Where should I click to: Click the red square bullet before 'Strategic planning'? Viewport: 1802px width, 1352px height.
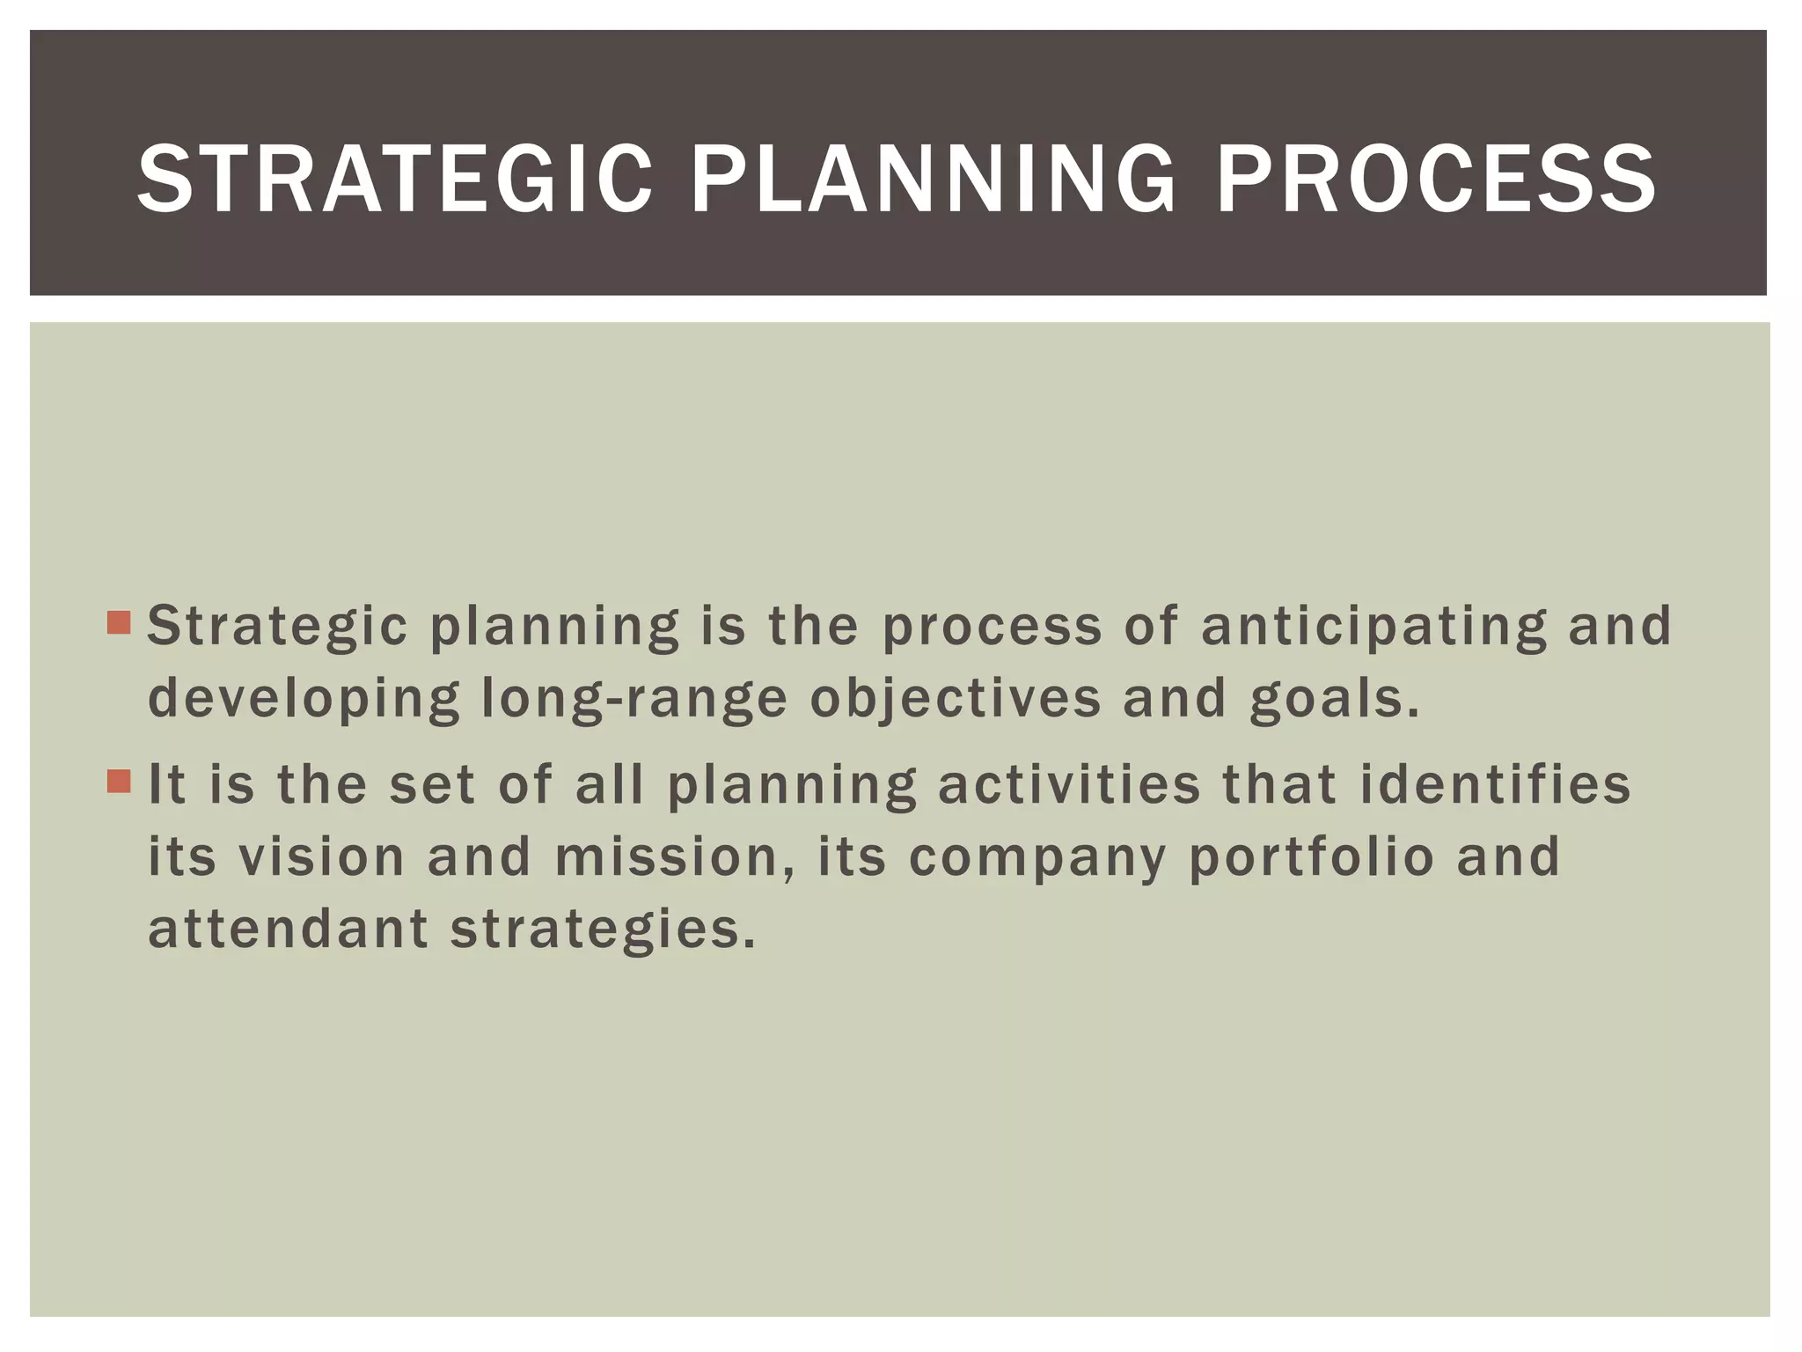pyautogui.click(x=119, y=623)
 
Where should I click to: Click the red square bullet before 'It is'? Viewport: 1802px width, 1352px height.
pyautogui.click(x=119, y=781)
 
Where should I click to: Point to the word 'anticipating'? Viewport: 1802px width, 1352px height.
pyautogui.click(x=1373, y=627)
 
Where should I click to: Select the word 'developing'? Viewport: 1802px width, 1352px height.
pyautogui.click(x=304, y=699)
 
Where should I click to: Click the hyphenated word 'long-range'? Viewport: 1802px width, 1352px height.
pyautogui.click(x=634, y=699)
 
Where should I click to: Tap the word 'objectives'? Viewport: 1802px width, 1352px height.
pyautogui.click(x=956, y=699)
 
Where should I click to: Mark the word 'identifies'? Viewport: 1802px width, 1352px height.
pyautogui.click(x=1495, y=784)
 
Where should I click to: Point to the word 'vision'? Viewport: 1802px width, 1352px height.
pyautogui.click(x=321, y=856)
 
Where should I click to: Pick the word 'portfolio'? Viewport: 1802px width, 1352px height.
pyautogui.click(x=1312, y=856)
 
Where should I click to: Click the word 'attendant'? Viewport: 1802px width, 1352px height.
pyautogui.click(x=288, y=929)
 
